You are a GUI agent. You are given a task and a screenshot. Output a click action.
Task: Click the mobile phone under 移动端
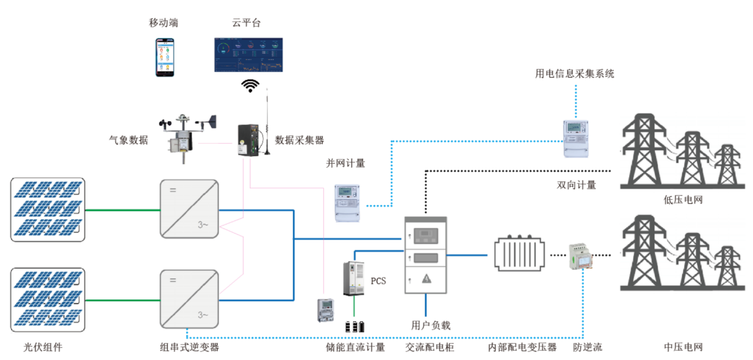166,57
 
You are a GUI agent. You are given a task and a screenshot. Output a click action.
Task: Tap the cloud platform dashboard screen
248,55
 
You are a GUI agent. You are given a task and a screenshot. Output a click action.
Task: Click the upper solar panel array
48,209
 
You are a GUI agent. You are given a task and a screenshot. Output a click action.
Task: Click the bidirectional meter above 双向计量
576,138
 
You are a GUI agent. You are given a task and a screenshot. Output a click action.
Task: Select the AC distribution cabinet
425,255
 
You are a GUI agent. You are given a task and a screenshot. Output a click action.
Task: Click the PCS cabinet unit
355,279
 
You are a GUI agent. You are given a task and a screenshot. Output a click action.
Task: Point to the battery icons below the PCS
355,326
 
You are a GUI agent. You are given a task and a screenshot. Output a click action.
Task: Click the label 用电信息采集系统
574,74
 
